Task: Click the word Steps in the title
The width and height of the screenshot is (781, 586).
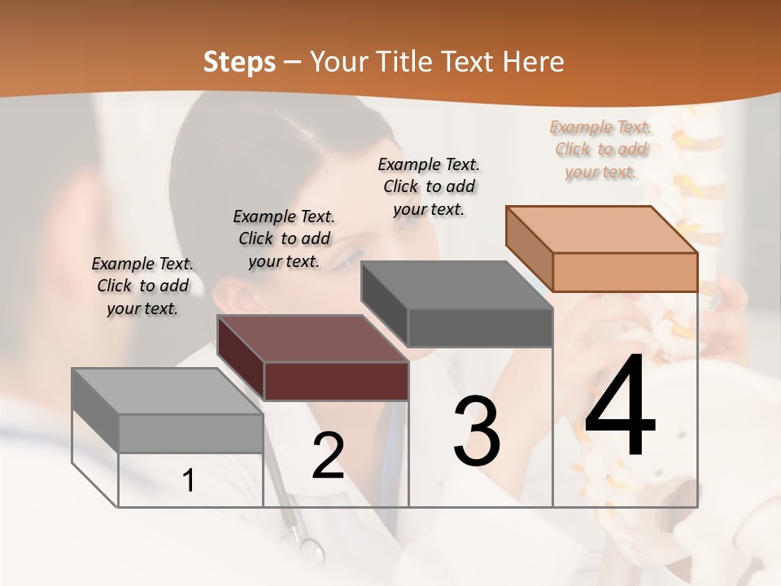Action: (x=239, y=62)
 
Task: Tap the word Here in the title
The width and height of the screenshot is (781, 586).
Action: (x=533, y=62)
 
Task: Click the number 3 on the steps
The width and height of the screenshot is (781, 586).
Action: (x=477, y=431)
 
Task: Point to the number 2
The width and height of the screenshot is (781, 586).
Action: (x=328, y=456)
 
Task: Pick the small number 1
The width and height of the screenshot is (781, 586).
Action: (x=189, y=480)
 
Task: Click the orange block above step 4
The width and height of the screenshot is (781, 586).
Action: (x=624, y=271)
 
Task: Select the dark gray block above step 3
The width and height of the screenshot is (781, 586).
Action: (x=479, y=327)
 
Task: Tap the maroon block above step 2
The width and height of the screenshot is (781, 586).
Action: (x=336, y=381)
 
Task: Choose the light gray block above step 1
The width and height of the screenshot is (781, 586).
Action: (x=190, y=433)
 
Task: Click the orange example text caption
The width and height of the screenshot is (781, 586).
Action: (x=601, y=149)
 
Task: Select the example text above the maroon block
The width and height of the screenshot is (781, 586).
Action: (x=284, y=238)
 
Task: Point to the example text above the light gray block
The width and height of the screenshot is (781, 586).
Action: (x=142, y=286)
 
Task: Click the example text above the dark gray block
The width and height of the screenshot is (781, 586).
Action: (x=429, y=186)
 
